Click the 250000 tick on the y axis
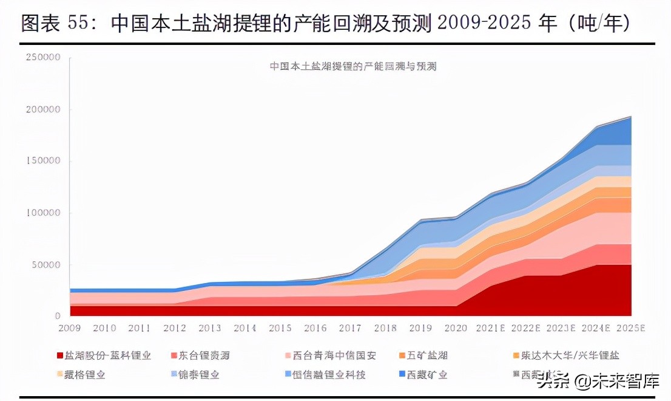(x=43, y=58)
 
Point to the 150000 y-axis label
(x=43, y=162)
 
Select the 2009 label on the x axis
(x=70, y=328)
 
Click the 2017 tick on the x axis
(x=349, y=328)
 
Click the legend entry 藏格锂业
(x=88, y=375)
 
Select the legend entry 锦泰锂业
(x=199, y=375)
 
